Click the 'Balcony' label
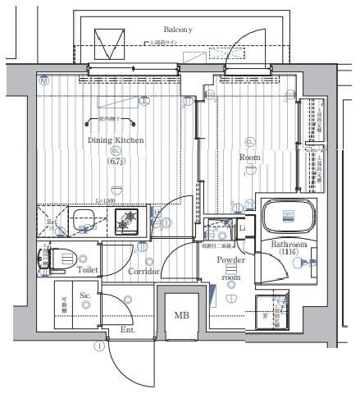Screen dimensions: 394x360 176,29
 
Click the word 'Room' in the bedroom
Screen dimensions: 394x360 249,156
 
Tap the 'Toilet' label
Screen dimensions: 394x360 89,268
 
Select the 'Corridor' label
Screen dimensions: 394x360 144,270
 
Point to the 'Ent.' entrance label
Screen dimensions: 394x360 128,329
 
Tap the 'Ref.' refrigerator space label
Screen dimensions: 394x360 51,221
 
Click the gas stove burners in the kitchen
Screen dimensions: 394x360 127,220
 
